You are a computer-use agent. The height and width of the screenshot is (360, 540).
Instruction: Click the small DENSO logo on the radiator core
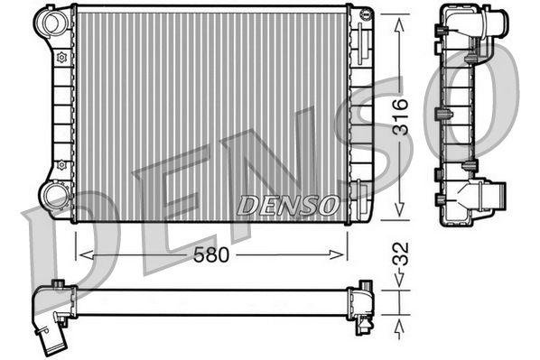point(288,206)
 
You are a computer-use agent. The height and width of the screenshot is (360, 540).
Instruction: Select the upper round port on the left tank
point(53,22)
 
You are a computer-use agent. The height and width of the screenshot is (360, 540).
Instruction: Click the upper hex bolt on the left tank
point(61,58)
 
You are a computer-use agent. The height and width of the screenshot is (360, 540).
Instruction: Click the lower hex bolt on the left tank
point(61,165)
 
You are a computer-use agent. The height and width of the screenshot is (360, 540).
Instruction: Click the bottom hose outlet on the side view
point(493,194)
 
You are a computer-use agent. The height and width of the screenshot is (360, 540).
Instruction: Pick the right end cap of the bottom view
point(367,301)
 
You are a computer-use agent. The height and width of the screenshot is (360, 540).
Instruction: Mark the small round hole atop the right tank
point(363,14)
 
